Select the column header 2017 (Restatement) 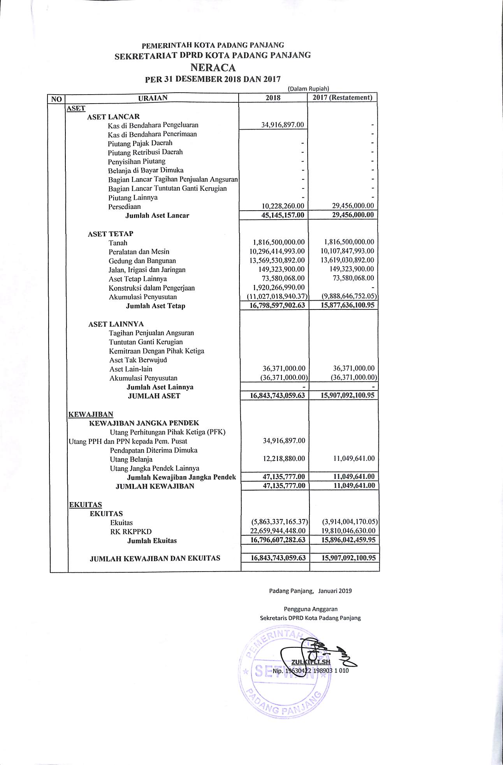342,97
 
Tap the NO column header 56,99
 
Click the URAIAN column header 153,98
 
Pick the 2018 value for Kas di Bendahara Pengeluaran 282,125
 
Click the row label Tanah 118,243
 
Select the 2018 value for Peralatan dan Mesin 277,251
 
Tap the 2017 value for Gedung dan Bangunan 347,260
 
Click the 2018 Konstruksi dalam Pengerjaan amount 279,287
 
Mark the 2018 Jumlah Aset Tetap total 277,305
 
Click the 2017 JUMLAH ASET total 348,395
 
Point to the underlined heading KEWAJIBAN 91,414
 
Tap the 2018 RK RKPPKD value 278,531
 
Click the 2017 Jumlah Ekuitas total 348,540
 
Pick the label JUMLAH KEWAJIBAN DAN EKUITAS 155,558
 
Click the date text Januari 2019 335,591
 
